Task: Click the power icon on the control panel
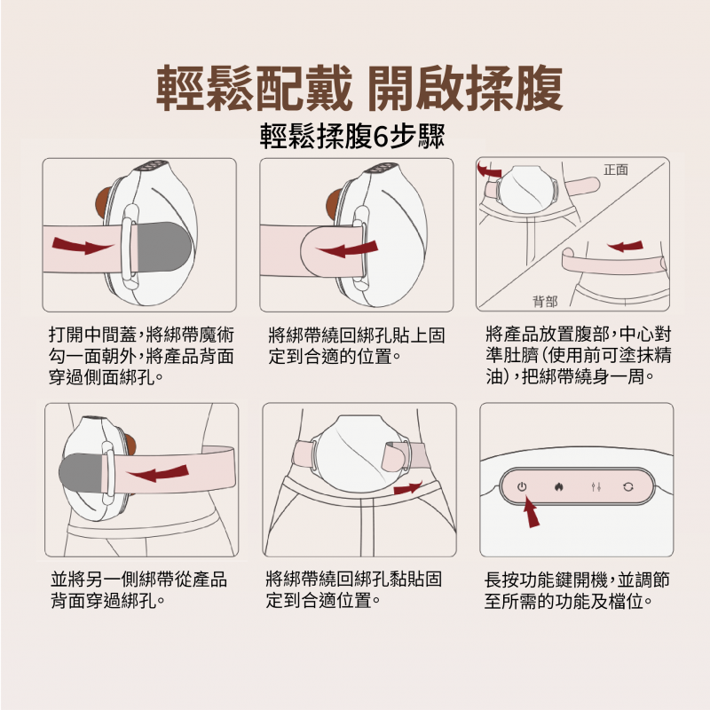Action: [522, 486]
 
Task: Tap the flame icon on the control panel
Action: [559, 487]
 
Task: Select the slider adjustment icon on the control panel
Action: [596, 487]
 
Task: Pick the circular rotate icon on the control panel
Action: [628, 487]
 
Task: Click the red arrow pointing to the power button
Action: [530, 512]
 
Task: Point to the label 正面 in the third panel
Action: [616, 170]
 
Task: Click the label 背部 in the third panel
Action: [545, 301]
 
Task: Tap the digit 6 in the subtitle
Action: [381, 137]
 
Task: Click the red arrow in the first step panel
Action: [82, 246]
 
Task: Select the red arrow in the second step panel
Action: [348, 249]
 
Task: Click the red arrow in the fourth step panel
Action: [158, 474]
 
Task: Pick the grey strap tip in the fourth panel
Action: [82, 473]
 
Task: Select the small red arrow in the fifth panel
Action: [407, 488]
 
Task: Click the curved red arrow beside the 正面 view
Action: [489, 170]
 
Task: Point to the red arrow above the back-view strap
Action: [625, 246]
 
